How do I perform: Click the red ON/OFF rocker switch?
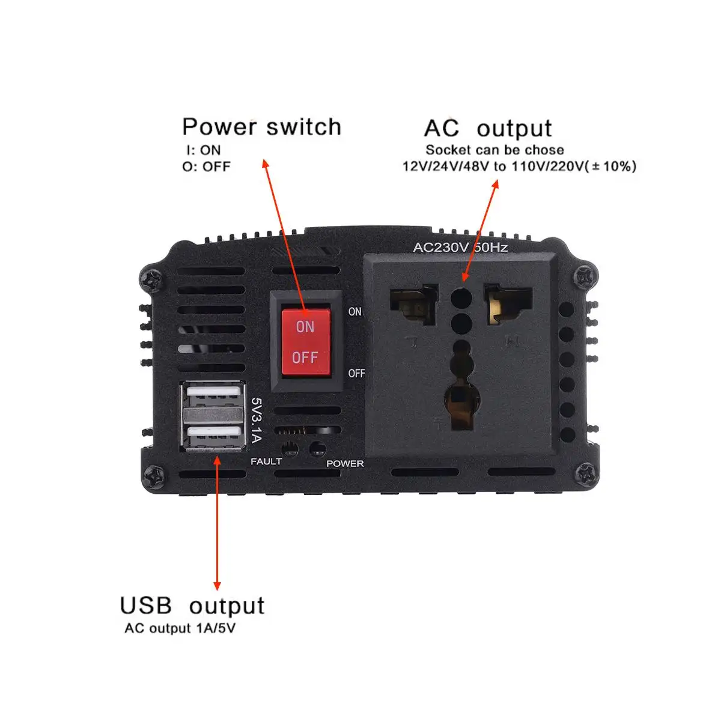coord(305,342)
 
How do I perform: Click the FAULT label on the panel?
coord(266,461)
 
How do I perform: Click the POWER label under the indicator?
coord(345,464)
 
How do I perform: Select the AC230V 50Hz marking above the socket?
coord(460,247)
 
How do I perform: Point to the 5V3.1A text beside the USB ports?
coord(257,419)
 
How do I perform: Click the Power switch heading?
coord(261,127)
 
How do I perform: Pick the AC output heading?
coord(487,129)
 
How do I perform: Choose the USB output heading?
coord(192,606)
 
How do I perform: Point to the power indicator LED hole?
coord(317,448)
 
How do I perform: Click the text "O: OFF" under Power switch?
coord(206,166)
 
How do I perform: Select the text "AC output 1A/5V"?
coord(180,628)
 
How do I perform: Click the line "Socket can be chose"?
coord(494,150)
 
